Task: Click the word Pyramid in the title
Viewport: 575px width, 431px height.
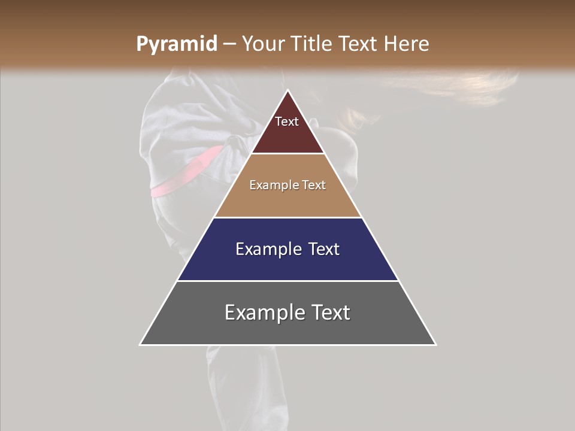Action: [x=176, y=44]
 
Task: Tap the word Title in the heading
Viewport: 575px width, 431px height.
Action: [x=312, y=44]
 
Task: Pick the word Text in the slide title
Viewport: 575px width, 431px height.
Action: [x=358, y=44]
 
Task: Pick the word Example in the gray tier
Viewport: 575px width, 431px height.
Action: [x=261, y=312]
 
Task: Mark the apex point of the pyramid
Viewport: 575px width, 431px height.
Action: [x=288, y=90]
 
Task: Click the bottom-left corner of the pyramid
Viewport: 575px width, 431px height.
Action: [x=140, y=344]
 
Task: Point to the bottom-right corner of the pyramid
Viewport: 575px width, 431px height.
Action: [x=435, y=344]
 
